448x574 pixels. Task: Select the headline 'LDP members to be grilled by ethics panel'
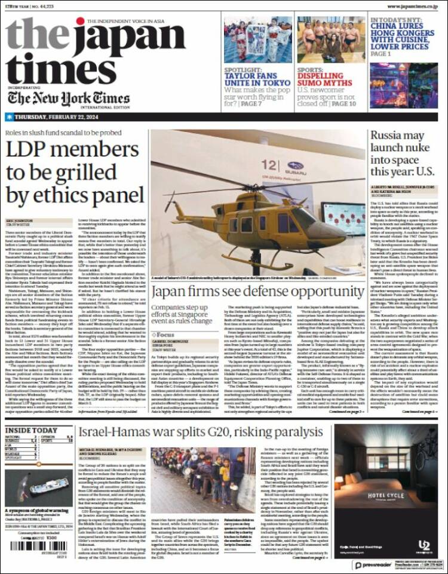click(75, 174)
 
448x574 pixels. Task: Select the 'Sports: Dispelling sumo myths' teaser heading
click(335, 78)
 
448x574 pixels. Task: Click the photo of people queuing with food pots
click(195, 484)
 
